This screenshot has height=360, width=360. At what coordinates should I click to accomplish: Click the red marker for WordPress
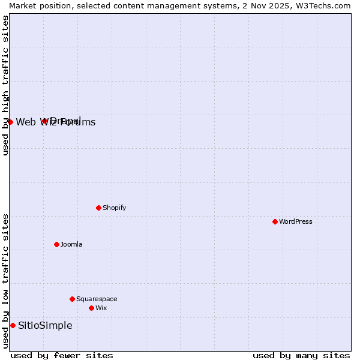point(275,221)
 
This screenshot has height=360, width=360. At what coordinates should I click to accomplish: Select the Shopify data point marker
point(98,208)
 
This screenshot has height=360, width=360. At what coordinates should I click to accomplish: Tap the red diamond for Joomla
point(56,244)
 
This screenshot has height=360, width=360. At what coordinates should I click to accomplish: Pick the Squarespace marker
point(72,299)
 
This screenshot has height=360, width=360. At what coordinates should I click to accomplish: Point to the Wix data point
point(91,308)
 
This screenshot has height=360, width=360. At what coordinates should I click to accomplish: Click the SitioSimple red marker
point(13,325)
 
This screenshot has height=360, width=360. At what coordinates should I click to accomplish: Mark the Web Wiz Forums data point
point(10,122)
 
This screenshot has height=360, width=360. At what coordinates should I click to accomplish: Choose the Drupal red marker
point(44,121)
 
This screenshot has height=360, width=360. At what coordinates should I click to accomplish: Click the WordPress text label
point(296,221)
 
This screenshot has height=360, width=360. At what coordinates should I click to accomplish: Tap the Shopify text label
point(114,208)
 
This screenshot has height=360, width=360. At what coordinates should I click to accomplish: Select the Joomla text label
point(71,244)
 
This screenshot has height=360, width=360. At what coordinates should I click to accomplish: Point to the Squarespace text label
point(97,299)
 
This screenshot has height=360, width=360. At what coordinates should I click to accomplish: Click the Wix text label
point(101,308)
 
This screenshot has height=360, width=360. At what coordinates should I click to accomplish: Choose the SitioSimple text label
point(45,325)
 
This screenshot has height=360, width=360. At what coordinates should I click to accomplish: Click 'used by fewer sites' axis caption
point(62,355)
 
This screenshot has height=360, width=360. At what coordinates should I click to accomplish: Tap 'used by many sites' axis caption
point(301,355)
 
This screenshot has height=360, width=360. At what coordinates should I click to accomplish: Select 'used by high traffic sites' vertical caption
point(5,85)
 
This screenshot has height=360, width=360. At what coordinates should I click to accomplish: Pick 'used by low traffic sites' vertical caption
point(5,281)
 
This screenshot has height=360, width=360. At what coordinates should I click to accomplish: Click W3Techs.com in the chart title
point(322,5)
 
